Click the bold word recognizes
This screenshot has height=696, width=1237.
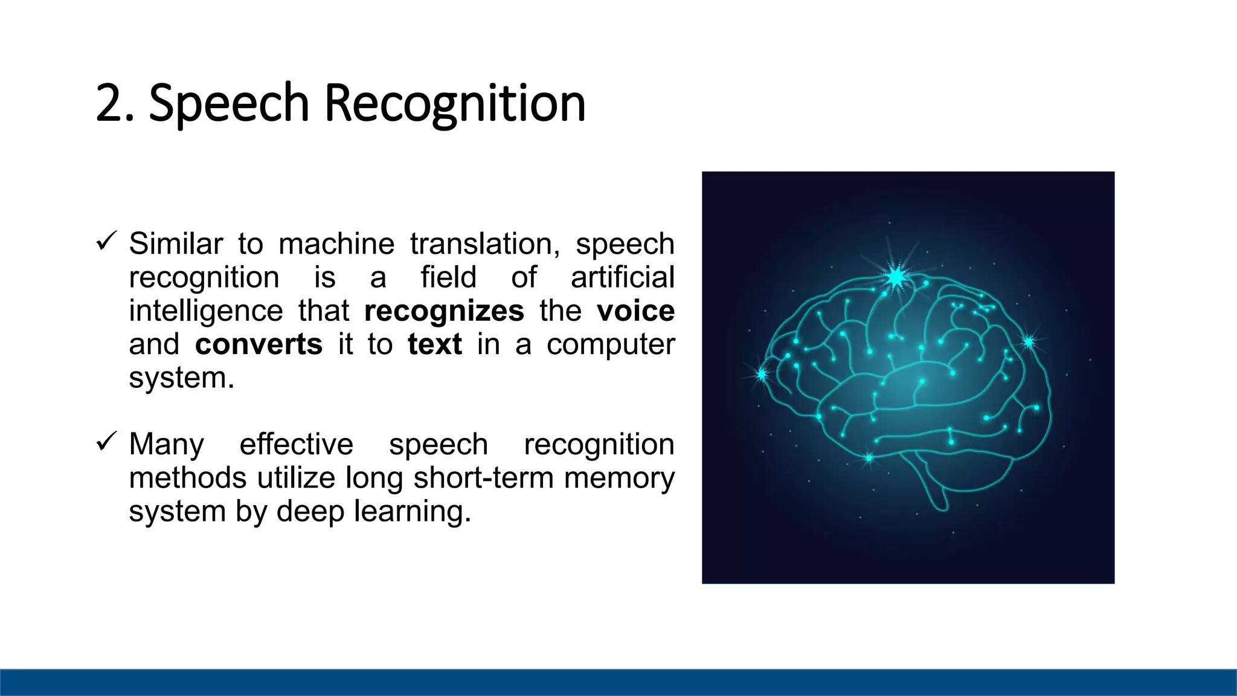pos(444,311)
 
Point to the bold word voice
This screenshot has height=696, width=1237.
pos(635,311)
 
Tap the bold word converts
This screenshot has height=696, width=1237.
pos(259,344)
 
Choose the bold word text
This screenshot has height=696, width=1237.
pos(434,344)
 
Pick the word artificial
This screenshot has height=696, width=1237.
pos(622,277)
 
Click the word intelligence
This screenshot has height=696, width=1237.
pos(205,311)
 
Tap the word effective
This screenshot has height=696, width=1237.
pos(296,445)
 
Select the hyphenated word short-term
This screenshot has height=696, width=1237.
pos(483,478)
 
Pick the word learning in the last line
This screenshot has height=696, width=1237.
pos(412,512)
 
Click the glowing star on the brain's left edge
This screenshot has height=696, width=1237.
pos(762,375)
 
